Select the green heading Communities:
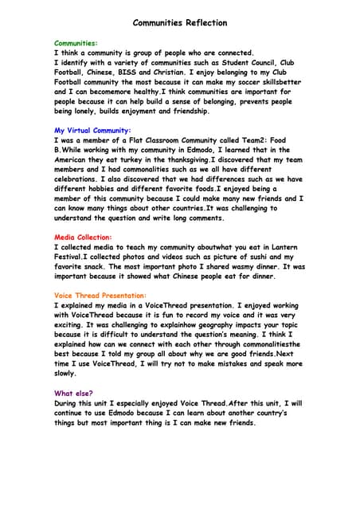click(x=76, y=41)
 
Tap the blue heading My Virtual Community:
click(x=92, y=130)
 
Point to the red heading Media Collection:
click(x=83, y=237)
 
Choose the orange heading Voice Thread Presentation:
click(x=100, y=295)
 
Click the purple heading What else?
click(x=73, y=393)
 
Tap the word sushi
click(x=250, y=257)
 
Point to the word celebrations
click(x=81, y=179)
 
